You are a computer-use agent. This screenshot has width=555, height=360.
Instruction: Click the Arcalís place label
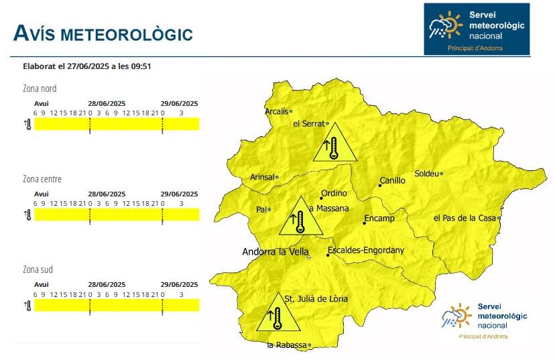point(277,111)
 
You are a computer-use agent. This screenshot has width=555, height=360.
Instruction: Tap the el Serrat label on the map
point(309,124)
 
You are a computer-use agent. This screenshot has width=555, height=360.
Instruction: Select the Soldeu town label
point(426,174)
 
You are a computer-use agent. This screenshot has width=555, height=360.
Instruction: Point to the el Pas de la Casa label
point(465,218)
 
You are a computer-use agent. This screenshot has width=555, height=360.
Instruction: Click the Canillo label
point(393,180)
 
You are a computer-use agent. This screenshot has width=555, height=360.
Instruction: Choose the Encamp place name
point(379,219)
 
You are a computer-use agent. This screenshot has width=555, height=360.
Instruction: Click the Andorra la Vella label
point(275,252)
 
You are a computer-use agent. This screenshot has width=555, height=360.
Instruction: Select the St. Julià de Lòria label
point(316,299)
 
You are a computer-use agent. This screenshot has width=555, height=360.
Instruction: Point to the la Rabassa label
point(286,345)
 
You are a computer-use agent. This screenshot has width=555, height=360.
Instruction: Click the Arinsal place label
point(262,177)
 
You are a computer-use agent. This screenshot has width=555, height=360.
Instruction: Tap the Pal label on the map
point(261,210)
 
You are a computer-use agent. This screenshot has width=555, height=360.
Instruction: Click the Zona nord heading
point(40,88)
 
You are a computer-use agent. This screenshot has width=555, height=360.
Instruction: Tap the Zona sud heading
point(38,269)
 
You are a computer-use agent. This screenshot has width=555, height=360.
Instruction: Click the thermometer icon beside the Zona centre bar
point(28,215)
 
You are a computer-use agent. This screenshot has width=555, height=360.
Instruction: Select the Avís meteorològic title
point(103,34)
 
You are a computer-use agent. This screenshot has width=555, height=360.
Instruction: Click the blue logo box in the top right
point(476,29)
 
